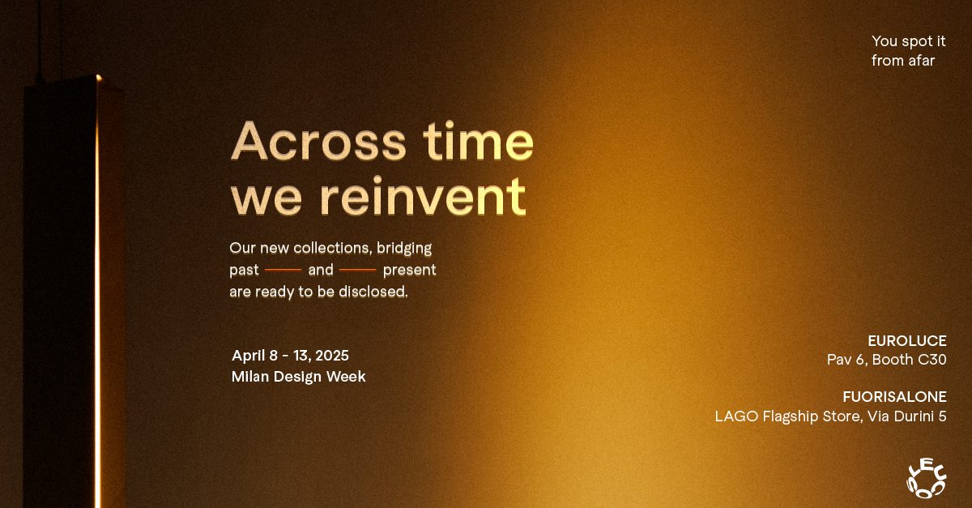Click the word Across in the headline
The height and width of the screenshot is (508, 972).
tap(318, 141)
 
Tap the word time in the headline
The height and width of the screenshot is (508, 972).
tap(479, 140)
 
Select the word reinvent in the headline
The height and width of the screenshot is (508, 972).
tap(424, 196)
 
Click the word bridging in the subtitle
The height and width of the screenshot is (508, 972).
tap(404, 249)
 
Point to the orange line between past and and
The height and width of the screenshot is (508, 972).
tap(283, 270)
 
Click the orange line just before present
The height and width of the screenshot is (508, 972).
tap(357, 270)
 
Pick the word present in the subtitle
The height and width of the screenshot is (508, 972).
tap(409, 270)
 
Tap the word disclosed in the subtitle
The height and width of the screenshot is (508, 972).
tap(373, 292)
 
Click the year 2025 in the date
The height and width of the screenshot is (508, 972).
tap(332, 356)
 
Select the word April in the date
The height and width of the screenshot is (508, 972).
tap(248, 356)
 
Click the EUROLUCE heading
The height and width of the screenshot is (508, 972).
tap(907, 341)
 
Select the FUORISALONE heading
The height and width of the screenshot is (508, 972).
tap(894, 397)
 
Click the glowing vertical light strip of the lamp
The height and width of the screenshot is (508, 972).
tap(98, 291)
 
